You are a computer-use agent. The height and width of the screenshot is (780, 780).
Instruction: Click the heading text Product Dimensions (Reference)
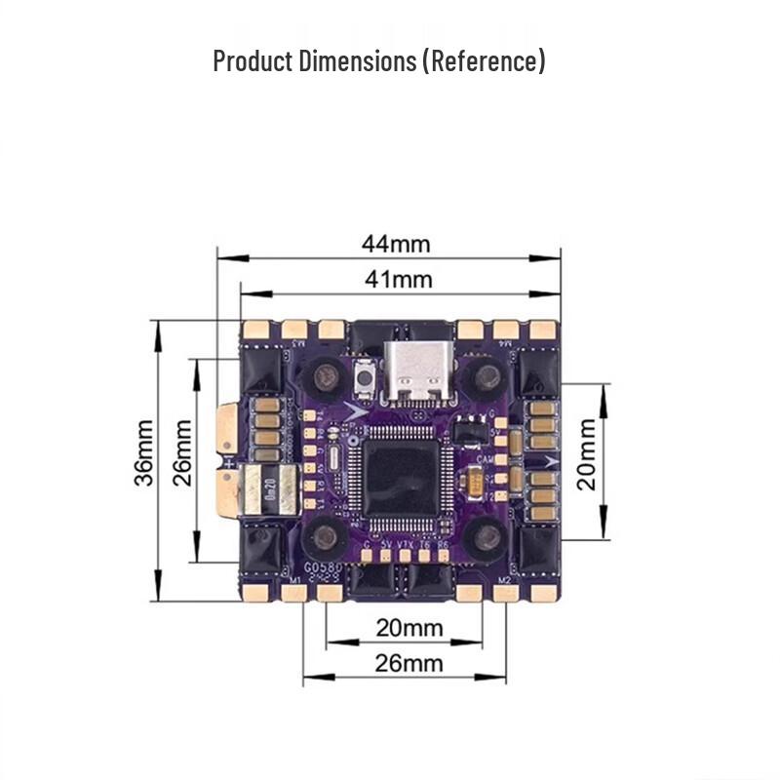379,61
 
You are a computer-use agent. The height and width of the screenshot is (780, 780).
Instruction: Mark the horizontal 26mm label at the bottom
409,664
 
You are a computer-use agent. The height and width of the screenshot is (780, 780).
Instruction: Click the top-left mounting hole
324,374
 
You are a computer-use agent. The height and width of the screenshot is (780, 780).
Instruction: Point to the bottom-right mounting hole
483,535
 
